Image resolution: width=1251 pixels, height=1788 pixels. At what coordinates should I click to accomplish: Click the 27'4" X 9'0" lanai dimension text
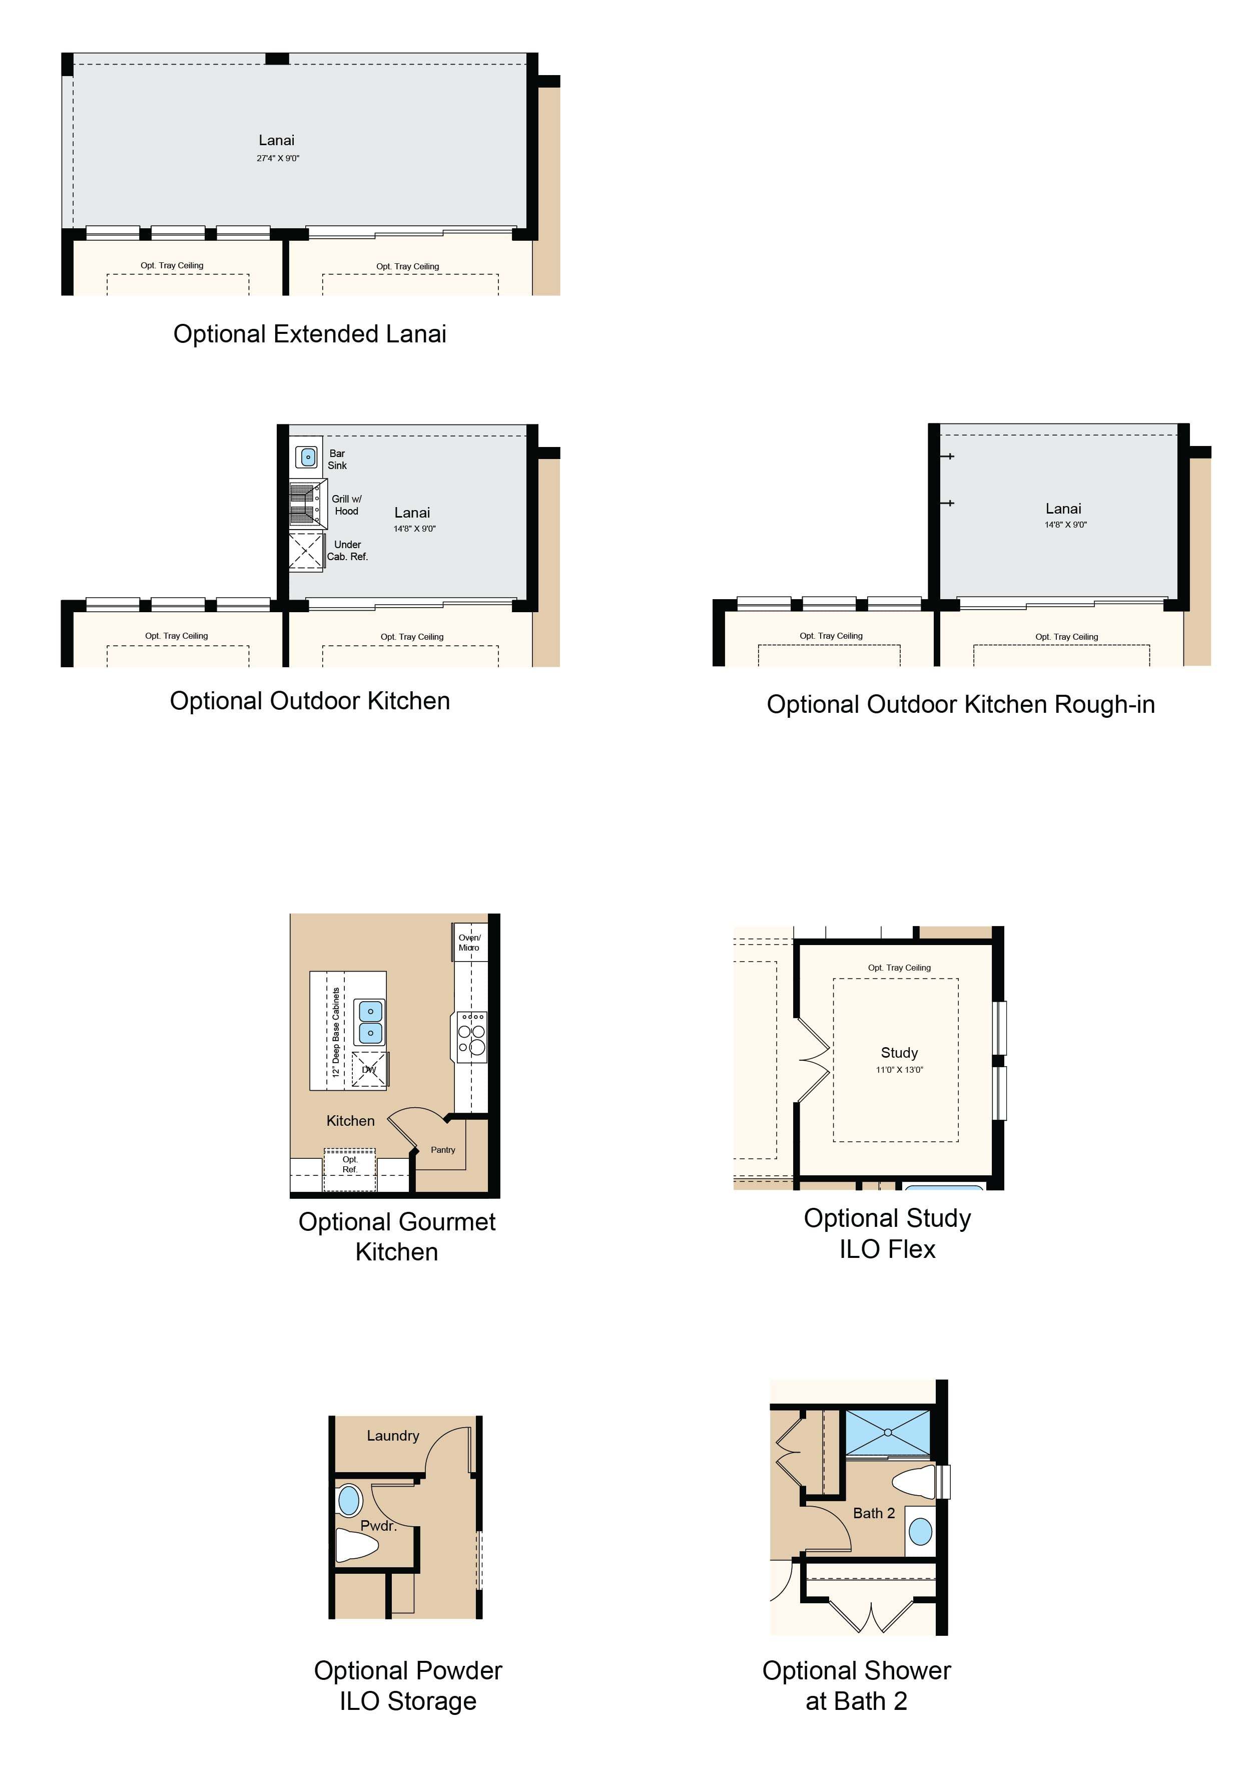click(x=278, y=158)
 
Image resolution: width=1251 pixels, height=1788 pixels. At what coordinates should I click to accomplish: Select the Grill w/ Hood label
click(x=346, y=505)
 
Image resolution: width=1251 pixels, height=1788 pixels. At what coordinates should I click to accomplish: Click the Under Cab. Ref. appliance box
click(x=306, y=551)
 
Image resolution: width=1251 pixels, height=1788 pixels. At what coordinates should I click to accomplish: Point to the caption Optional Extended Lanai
click(x=310, y=334)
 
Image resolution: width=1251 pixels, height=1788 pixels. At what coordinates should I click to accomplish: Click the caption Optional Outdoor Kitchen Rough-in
click(x=961, y=704)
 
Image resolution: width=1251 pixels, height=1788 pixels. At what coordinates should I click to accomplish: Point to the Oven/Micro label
click(x=469, y=942)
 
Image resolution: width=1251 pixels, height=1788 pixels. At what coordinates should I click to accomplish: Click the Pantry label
click(x=443, y=1149)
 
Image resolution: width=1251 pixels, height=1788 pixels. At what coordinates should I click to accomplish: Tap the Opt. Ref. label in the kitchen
click(x=350, y=1164)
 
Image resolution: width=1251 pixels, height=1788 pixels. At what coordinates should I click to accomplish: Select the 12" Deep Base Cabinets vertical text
click(x=336, y=1032)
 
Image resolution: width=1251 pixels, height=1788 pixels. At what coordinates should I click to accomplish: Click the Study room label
click(x=899, y=1053)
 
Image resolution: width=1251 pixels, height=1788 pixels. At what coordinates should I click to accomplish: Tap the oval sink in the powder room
click(x=350, y=1499)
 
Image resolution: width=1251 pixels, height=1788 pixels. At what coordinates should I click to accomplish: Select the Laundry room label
click(x=393, y=1435)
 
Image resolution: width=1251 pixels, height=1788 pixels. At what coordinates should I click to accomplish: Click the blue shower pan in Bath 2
click(x=887, y=1431)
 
